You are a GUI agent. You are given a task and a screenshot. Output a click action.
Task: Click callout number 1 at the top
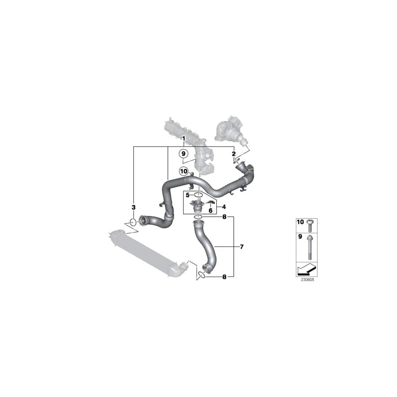tap(184, 139)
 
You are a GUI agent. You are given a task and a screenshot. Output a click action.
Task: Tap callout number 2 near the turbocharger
tap(234, 154)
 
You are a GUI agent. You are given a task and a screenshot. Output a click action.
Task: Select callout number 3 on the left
tap(134, 207)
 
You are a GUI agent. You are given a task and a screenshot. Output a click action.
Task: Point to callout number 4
tap(224, 206)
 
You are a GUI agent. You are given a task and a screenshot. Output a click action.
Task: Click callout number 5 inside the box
tap(187, 195)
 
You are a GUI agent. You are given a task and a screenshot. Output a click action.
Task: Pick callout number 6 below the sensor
tap(210, 211)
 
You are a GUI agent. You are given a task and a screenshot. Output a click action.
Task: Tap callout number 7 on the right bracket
tap(241, 247)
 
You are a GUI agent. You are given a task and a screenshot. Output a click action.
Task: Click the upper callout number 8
tap(224, 217)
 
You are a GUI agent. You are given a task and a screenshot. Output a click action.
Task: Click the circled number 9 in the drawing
tap(184, 154)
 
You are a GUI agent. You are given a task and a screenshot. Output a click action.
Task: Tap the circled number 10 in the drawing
tap(184, 171)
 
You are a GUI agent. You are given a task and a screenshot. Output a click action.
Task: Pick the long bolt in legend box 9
tap(310, 247)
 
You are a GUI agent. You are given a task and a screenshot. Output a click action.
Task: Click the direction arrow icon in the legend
tap(307, 269)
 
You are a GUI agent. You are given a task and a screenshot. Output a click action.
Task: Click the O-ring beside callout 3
tap(134, 221)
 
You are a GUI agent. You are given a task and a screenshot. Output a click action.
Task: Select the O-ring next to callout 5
tap(198, 195)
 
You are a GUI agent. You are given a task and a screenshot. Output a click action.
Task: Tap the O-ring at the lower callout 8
tap(201, 275)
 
